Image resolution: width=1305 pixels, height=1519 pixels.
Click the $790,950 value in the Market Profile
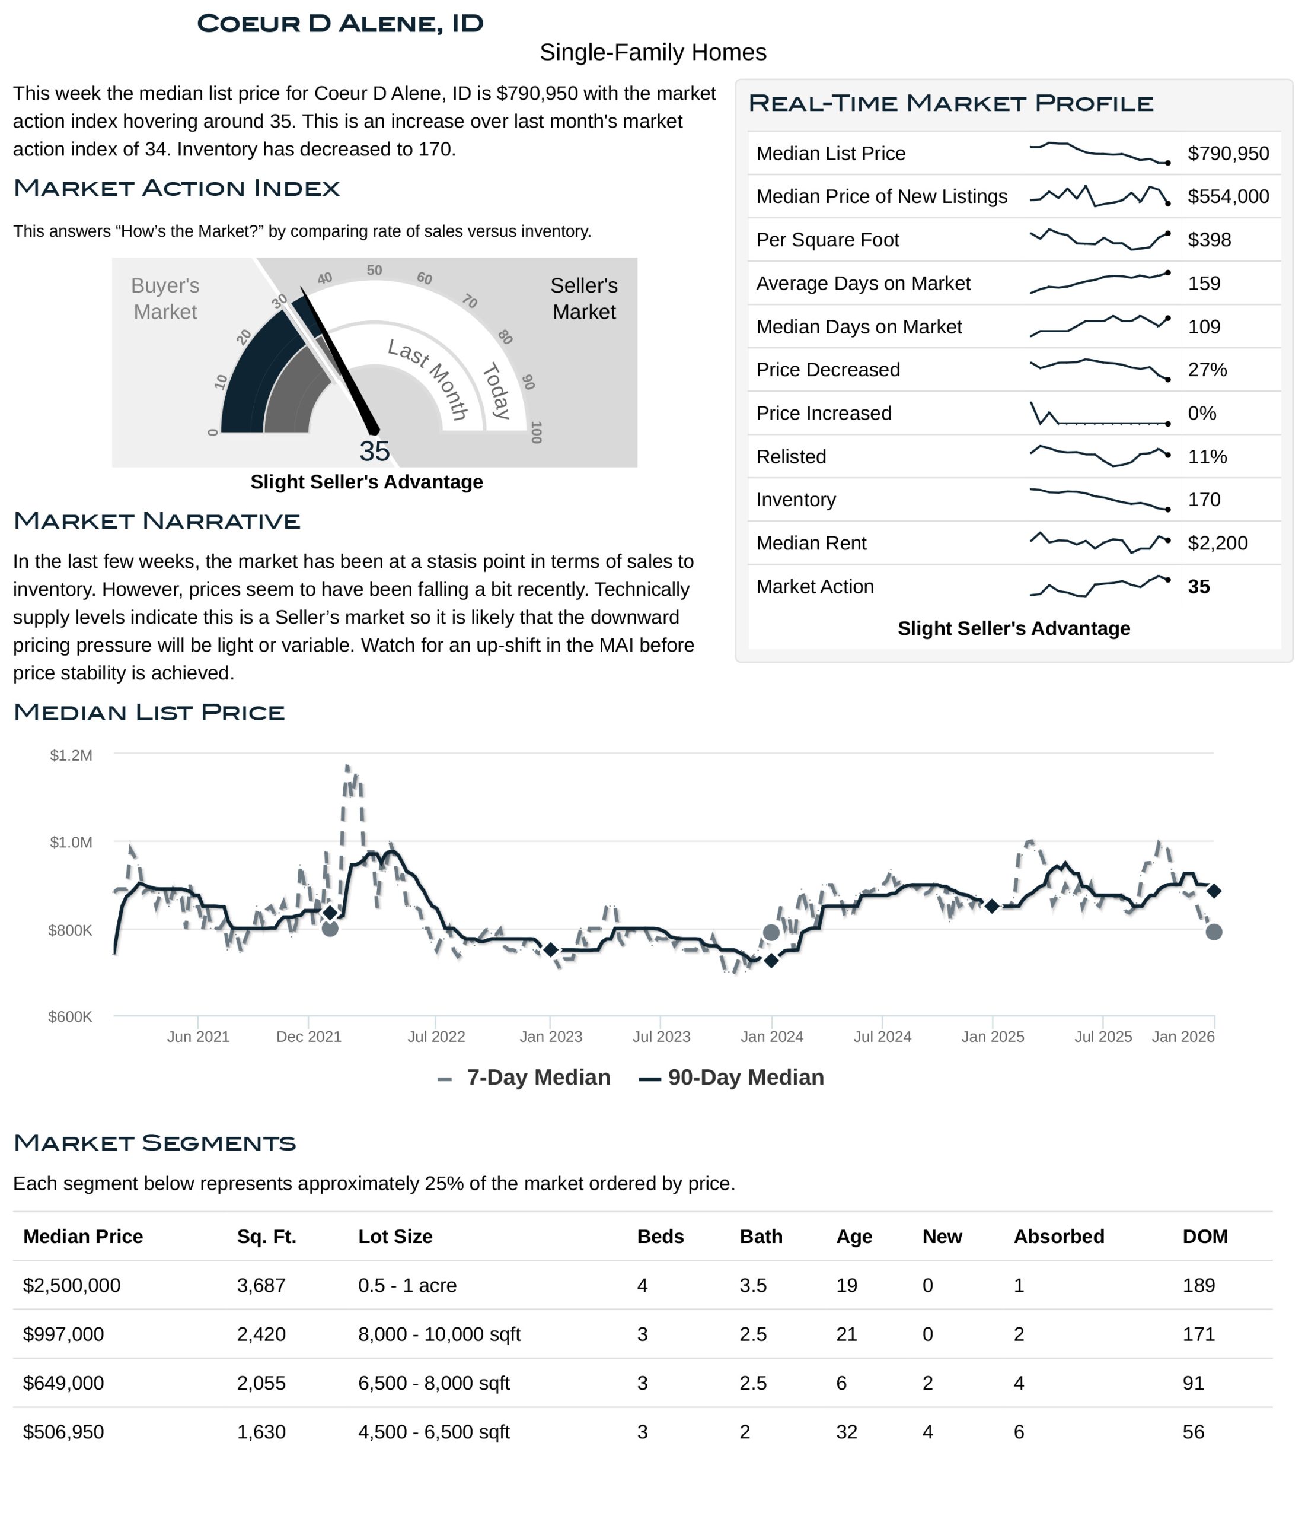point(1227,153)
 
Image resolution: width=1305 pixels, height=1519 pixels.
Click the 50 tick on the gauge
point(375,270)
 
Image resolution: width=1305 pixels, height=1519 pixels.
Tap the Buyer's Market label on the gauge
point(165,298)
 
